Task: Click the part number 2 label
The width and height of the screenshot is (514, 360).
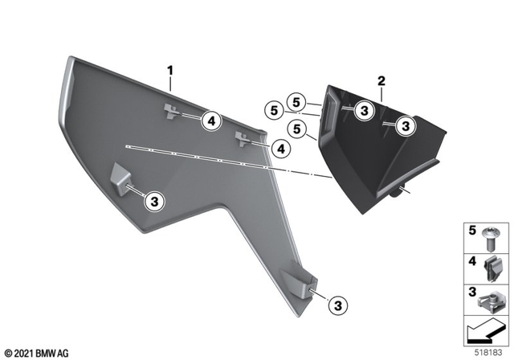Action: click(x=381, y=81)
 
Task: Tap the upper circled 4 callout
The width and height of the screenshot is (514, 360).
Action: click(x=210, y=121)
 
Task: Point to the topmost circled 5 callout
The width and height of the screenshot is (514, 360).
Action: click(x=298, y=102)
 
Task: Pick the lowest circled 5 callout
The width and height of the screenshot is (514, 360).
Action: click(x=296, y=128)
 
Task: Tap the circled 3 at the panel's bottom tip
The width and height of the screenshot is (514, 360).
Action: click(x=337, y=305)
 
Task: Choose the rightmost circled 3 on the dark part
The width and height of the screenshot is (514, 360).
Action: click(x=406, y=125)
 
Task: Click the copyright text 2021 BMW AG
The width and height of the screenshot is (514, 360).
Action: click(x=38, y=352)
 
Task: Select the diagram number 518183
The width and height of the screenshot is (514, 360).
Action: click(x=492, y=352)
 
